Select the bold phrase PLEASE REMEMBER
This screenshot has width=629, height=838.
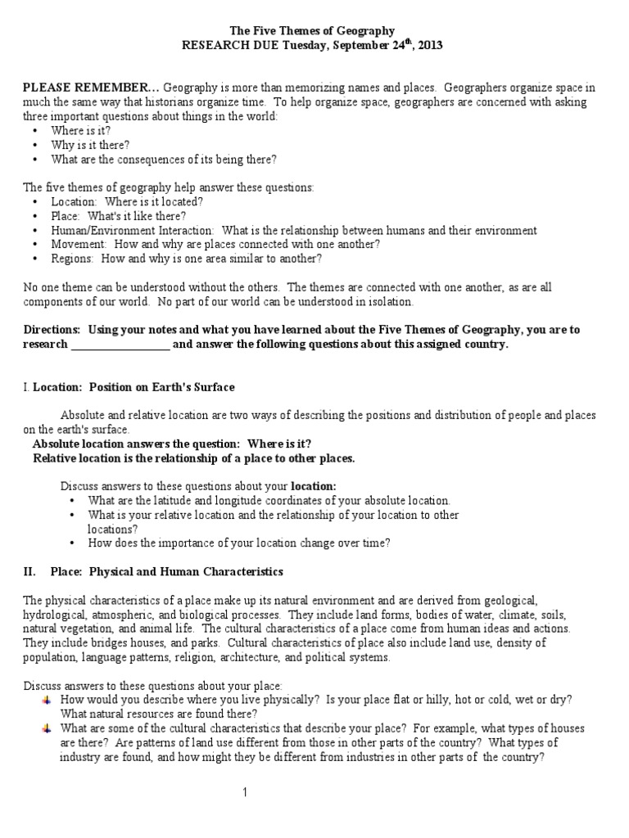tap(91, 88)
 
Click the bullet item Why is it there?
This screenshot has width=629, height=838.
tap(90, 145)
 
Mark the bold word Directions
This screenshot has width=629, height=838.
tap(52, 330)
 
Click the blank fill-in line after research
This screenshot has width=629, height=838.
tap(120, 345)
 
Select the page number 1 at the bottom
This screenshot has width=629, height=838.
tap(243, 793)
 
